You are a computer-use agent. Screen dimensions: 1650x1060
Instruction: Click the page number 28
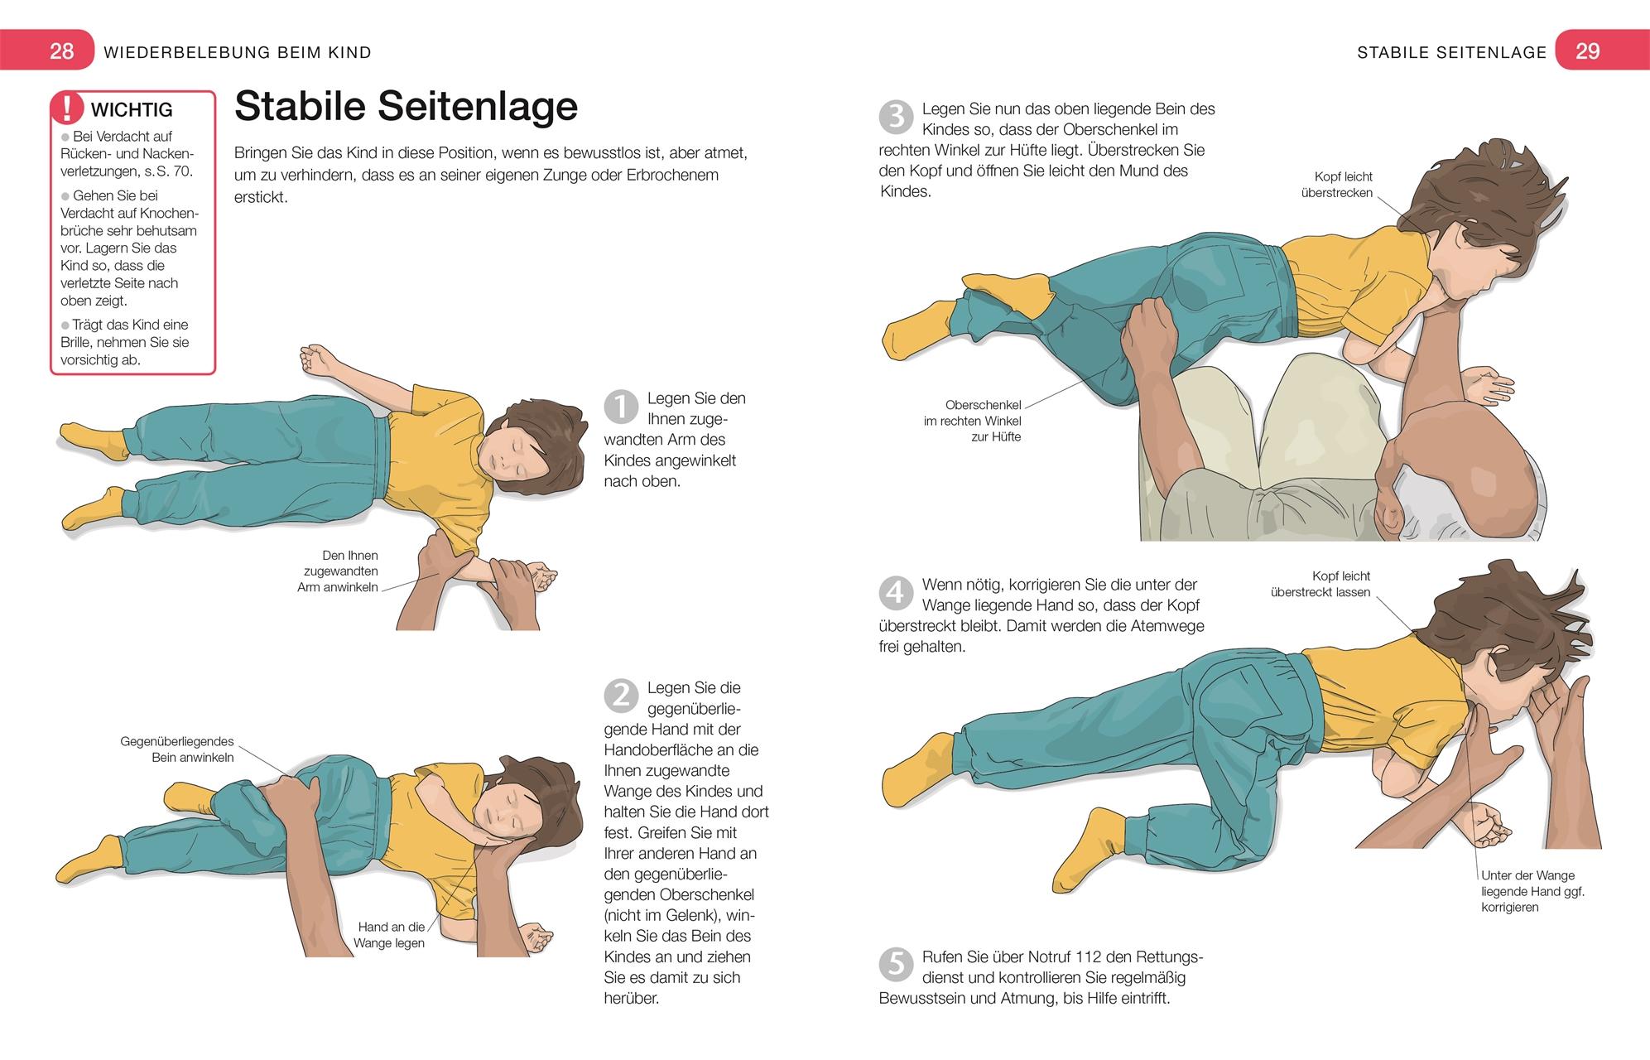[x=62, y=51]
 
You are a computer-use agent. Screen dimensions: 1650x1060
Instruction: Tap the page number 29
[x=1587, y=51]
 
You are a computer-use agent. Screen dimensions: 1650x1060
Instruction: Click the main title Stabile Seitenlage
[x=406, y=106]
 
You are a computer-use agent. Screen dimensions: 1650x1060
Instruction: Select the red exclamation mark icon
[x=68, y=109]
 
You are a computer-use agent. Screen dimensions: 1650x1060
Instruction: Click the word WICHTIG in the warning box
[x=132, y=109]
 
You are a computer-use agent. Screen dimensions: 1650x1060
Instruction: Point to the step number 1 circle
[x=621, y=407]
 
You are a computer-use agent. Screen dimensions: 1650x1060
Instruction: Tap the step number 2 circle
[x=621, y=696]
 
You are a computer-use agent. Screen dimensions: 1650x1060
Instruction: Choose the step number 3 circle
[x=896, y=118]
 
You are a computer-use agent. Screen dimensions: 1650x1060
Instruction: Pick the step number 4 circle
[x=896, y=593]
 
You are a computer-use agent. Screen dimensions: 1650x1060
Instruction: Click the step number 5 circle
[x=896, y=966]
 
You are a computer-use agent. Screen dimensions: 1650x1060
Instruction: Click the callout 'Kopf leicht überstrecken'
[x=1337, y=185]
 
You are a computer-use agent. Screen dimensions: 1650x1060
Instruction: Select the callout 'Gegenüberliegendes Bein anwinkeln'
[x=177, y=749]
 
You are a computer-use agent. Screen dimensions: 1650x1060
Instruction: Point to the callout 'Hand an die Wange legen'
[x=390, y=935]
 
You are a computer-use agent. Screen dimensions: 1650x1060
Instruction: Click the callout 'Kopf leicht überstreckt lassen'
[x=1320, y=584]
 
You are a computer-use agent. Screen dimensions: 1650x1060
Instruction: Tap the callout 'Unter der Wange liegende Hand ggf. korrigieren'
[x=1532, y=891]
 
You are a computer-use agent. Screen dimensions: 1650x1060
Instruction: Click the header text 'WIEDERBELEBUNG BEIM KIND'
[x=238, y=52]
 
